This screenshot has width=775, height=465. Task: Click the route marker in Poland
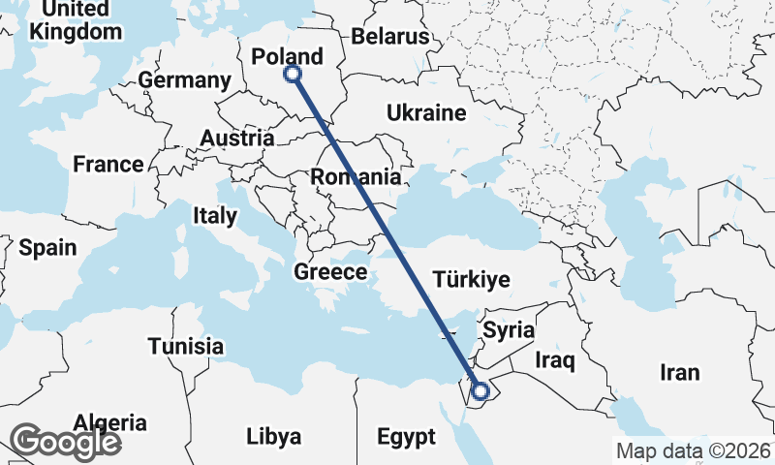[x=292, y=74]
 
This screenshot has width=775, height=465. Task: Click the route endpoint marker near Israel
[x=479, y=391]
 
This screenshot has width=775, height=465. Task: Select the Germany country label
[x=184, y=80]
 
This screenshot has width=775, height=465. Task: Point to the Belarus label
[x=389, y=37]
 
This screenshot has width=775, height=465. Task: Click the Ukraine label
[x=426, y=113]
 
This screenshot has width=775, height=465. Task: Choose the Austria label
[x=236, y=139]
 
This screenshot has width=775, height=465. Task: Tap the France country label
[x=108, y=165]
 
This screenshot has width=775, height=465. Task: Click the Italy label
[x=214, y=215]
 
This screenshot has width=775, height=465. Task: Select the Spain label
[x=47, y=248]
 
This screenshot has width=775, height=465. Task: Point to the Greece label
[x=330, y=272]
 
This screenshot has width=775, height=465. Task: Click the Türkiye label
[x=471, y=280]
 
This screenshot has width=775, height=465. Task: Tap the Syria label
[x=509, y=330]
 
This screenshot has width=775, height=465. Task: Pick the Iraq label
[x=555, y=361]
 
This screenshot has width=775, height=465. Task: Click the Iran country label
[x=679, y=373]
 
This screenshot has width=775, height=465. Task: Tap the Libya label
[x=273, y=435]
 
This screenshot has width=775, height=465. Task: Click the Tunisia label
[x=185, y=346]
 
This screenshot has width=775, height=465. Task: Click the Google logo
[x=65, y=442]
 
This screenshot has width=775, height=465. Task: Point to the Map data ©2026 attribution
[x=693, y=450]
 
